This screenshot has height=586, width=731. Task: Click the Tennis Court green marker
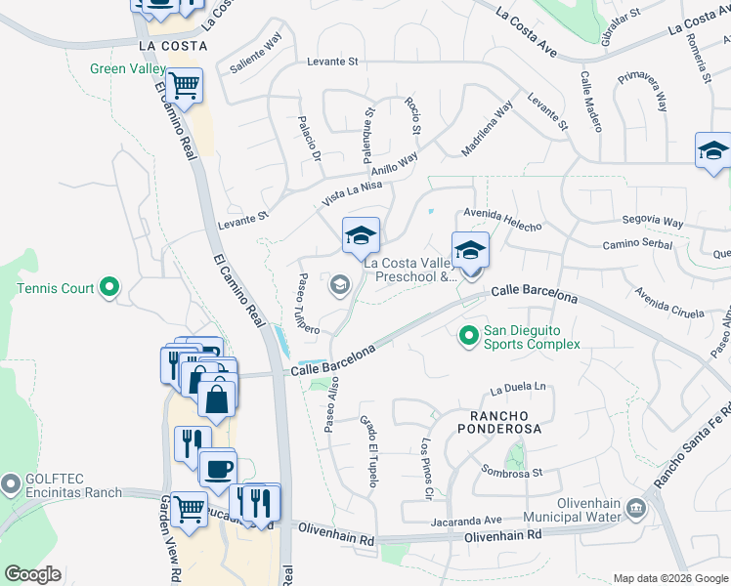109,288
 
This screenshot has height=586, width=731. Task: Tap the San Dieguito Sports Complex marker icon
469,335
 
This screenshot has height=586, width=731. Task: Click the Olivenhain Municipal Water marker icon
636,507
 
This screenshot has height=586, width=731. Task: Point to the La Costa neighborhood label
173,46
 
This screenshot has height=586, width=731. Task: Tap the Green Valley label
126,68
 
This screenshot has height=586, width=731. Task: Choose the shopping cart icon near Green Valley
183,86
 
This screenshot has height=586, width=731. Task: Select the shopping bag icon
216,398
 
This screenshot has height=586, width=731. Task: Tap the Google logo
32,574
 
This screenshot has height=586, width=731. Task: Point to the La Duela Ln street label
518,388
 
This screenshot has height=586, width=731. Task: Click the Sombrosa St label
511,473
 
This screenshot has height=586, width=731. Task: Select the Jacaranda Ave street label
466,521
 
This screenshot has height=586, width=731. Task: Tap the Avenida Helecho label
502,220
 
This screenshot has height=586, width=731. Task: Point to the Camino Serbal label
637,244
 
